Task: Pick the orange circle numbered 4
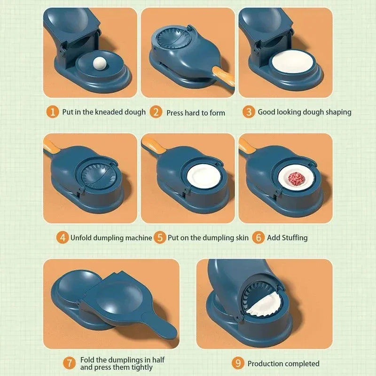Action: [63, 237]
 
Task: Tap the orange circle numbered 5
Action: [160, 237]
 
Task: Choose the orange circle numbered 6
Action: [258, 237]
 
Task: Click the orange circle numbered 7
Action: [70, 363]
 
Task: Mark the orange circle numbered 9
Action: [238, 363]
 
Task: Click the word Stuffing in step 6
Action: [294, 238]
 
